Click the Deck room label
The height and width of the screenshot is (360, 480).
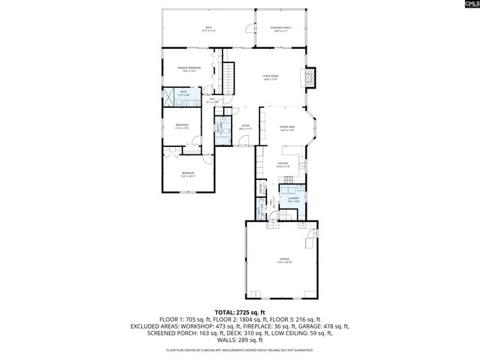pyautogui.click(x=208, y=29)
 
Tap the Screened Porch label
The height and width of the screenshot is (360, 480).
pyautogui.click(x=281, y=29)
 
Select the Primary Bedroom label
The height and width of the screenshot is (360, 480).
pyautogui.click(x=189, y=69)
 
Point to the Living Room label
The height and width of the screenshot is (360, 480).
pyautogui.click(x=271, y=77)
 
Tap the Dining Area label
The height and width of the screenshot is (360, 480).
pyautogui.click(x=286, y=129)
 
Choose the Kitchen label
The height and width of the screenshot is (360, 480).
pyautogui.click(x=283, y=164)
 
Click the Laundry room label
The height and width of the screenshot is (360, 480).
pyautogui.click(x=293, y=199)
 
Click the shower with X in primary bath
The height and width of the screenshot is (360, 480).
pyautogui.click(x=170, y=94)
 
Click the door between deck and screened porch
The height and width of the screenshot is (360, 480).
pyautogui.click(x=250, y=29)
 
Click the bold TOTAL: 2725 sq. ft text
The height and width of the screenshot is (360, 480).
pyautogui.click(x=240, y=312)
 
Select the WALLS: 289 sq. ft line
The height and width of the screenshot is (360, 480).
pyautogui.click(x=240, y=340)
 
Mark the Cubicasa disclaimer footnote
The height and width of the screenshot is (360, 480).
pyautogui.click(x=240, y=350)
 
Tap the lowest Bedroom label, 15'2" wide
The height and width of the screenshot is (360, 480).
pyautogui.click(x=187, y=175)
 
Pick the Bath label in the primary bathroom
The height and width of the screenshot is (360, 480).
pyautogui.click(x=184, y=93)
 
